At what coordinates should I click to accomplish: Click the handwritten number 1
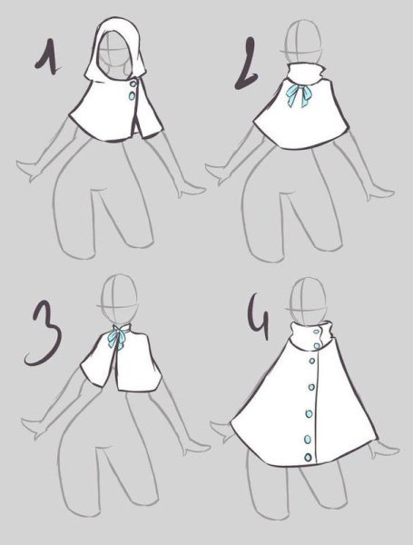click(50, 57)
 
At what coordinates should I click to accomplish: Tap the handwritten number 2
click(247, 64)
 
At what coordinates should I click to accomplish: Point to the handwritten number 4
click(260, 317)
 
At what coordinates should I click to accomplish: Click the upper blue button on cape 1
click(133, 84)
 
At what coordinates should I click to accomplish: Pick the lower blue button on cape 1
click(132, 95)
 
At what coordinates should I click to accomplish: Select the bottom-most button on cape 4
click(308, 457)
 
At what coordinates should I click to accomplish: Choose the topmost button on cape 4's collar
click(316, 332)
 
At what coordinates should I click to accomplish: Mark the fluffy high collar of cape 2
click(305, 74)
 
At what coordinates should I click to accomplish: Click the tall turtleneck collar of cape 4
click(310, 336)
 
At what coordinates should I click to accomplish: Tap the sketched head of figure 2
click(302, 42)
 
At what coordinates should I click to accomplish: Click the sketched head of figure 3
click(118, 300)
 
